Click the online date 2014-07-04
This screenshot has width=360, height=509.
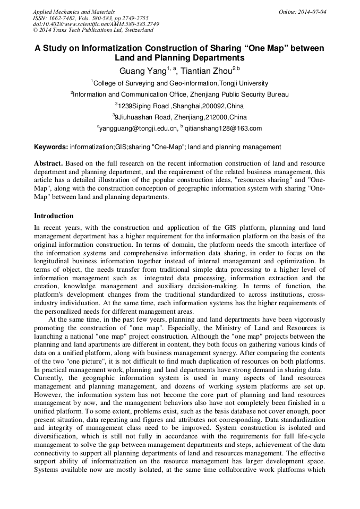click(x=310, y=11)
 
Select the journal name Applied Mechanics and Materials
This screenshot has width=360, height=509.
click(x=74, y=11)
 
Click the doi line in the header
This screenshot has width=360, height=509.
click(x=96, y=24)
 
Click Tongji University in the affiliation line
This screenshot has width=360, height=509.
click(x=244, y=83)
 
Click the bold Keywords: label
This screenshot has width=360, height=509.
click(x=51, y=147)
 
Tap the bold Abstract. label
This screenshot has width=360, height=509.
click(x=48, y=163)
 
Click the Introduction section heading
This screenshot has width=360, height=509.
click(x=54, y=216)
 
